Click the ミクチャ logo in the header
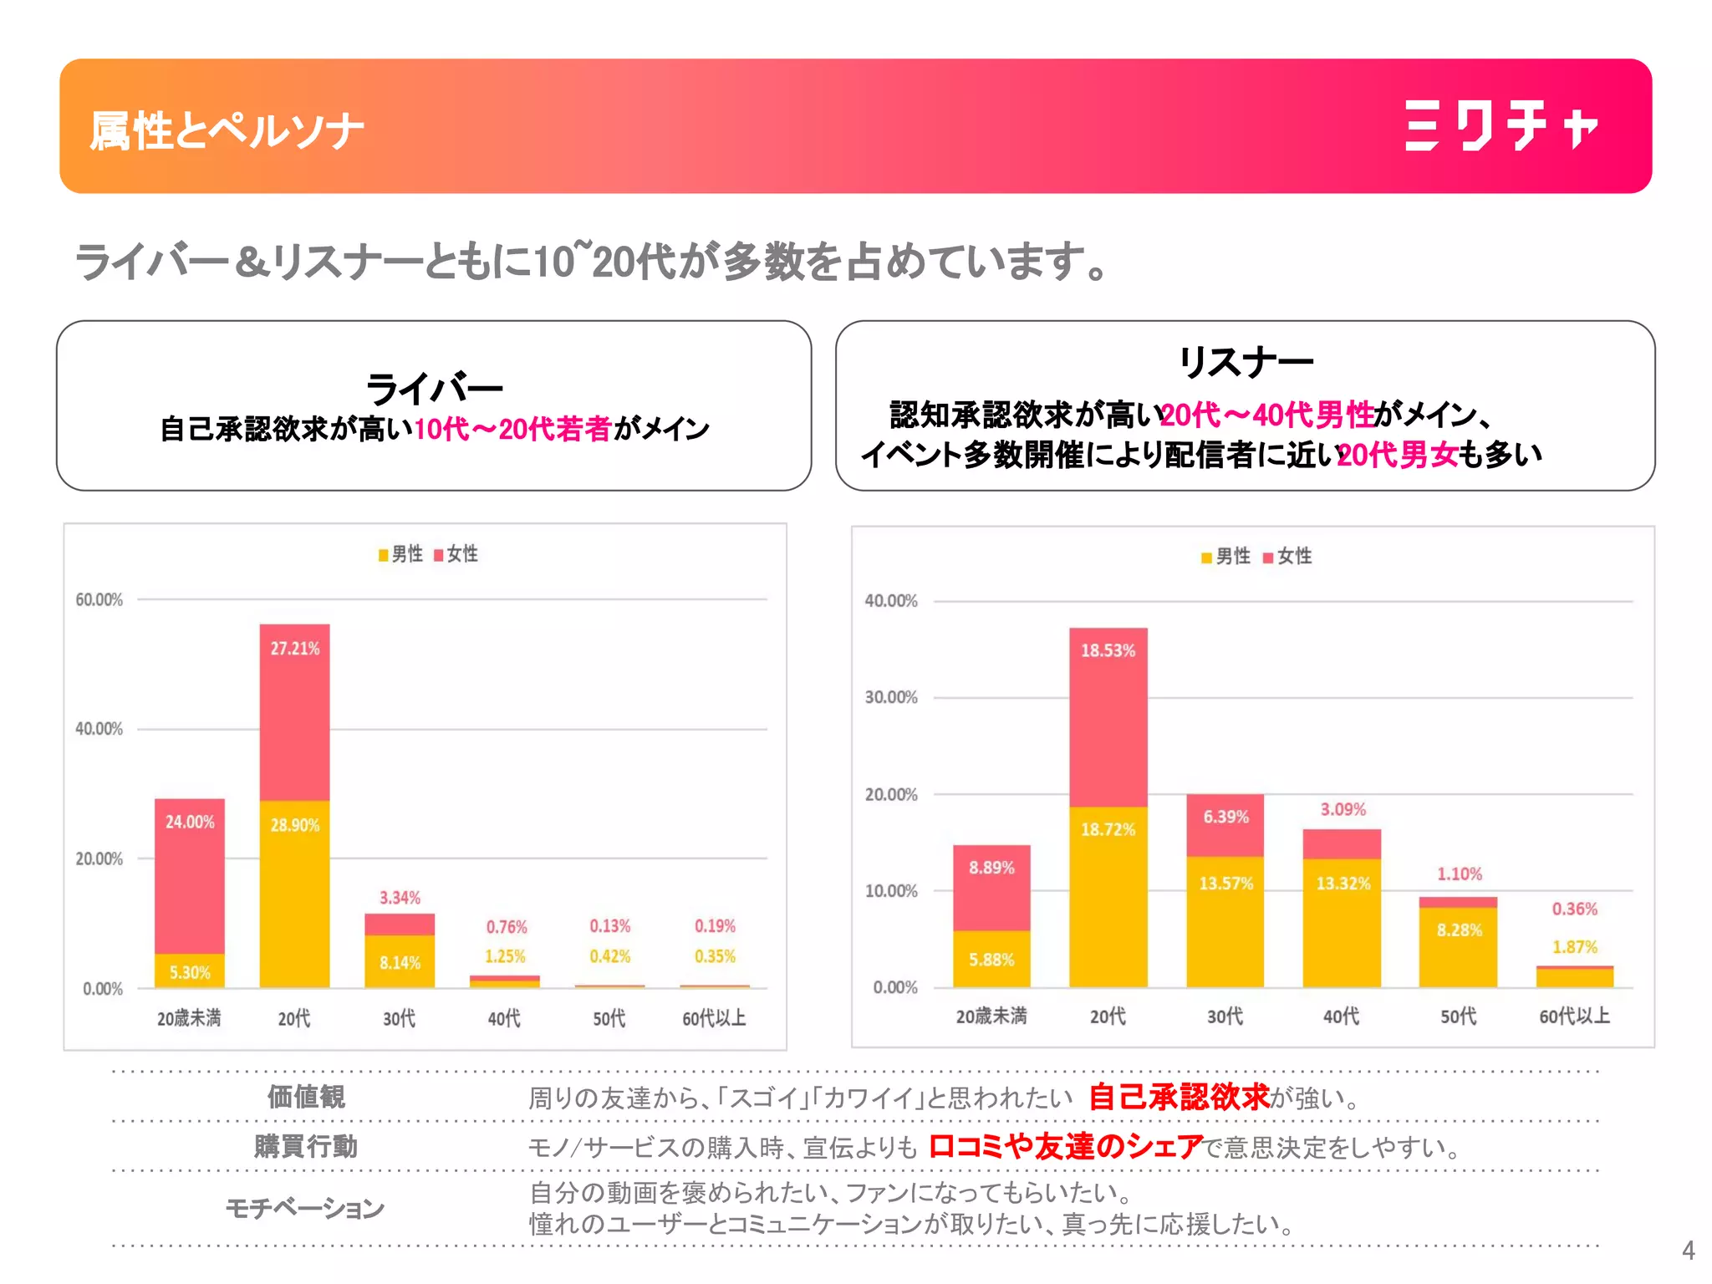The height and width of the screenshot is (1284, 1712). coord(1501,126)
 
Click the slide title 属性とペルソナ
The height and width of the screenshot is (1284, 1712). coord(227,131)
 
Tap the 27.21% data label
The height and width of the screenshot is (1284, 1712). coord(294,649)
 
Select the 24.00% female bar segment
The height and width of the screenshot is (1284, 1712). coord(190,876)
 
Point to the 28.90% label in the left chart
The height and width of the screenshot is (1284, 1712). coord(294,825)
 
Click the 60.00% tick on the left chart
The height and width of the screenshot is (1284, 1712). coord(99,599)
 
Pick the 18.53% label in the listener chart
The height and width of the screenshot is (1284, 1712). coord(1108,650)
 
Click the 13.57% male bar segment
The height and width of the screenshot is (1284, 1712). coord(1225,921)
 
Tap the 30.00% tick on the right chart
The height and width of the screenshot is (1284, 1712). coord(891,697)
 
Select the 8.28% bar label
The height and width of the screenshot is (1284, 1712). coord(1459,930)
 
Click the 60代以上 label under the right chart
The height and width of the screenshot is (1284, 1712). coord(1575,1016)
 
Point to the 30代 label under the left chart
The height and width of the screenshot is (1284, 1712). coord(399,1018)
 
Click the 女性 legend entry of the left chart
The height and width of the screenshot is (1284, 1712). coord(456,554)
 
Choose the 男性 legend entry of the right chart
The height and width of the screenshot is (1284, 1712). coord(1225,557)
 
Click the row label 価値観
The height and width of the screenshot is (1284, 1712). coord(306,1096)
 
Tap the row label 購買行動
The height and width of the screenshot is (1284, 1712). coord(306,1145)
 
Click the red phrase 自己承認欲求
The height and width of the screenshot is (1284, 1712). coord(1179,1096)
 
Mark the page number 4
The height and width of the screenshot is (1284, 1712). coord(1688,1251)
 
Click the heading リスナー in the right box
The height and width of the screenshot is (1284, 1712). coord(1246,362)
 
